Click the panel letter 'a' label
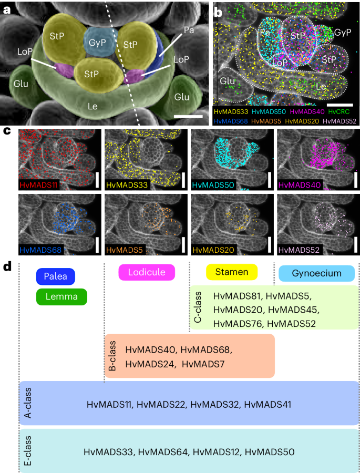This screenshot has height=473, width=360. [x=8, y=9]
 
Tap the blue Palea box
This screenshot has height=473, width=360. [x=56, y=276]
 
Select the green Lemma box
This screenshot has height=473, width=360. [x=62, y=297]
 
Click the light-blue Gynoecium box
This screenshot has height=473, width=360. [x=316, y=273]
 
